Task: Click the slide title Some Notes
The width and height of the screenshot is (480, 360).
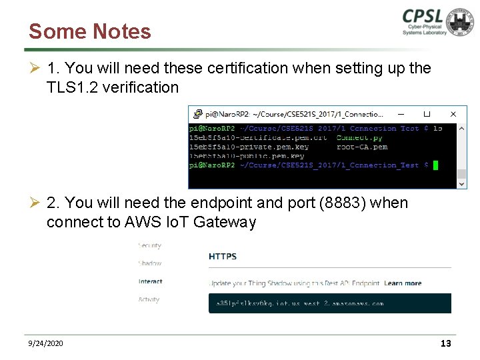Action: pyautogui.click(x=90, y=31)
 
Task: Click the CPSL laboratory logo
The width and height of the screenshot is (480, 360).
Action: pyautogui.click(x=437, y=23)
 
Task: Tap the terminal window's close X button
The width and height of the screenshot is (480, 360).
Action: pyautogui.click(x=453, y=114)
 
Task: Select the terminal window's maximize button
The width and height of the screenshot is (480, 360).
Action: pyautogui.click(x=427, y=114)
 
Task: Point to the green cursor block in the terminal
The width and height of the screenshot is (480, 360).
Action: pyautogui.click(x=435, y=165)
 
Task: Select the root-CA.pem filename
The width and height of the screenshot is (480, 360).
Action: pyautogui.click(x=362, y=147)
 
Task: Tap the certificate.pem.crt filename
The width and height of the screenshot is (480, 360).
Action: pyautogui.click(x=258, y=137)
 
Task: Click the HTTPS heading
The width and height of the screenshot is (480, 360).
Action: pyautogui.click(x=223, y=256)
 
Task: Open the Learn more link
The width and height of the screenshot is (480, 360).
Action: pyautogui.click(x=403, y=283)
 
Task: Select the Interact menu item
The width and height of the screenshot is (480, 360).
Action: pyautogui.click(x=151, y=281)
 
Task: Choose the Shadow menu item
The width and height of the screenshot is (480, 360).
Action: pyautogui.click(x=150, y=263)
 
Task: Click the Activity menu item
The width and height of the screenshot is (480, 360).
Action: pyautogui.click(x=149, y=299)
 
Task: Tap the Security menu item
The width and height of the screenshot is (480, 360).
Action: pyautogui.click(x=150, y=245)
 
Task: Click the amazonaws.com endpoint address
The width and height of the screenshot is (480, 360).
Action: pyautogui.click(x=300, y=303)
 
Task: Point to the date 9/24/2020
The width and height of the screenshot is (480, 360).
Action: pyautogui.click(x=46, y=343)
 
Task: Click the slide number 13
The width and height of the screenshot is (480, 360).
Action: pyautogui.click(x=446, y=343)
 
